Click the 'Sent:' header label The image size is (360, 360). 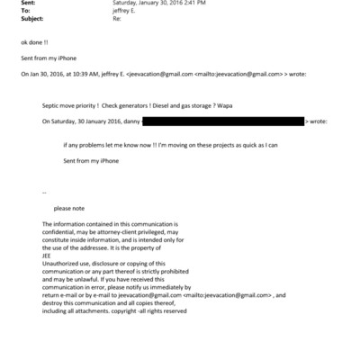25,4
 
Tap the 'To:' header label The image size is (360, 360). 23,12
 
